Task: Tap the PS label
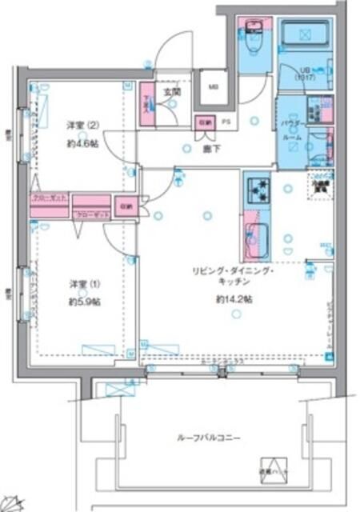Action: (x=226, y=122)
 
